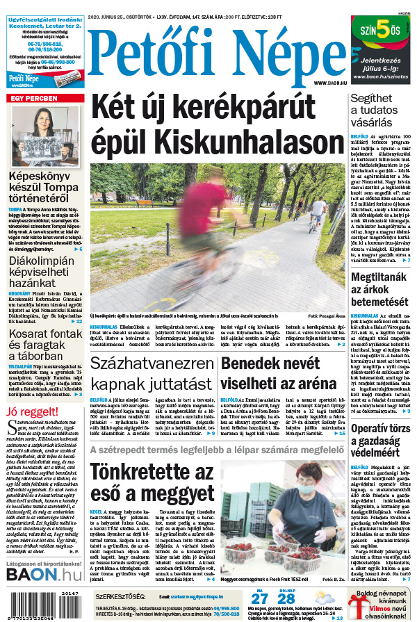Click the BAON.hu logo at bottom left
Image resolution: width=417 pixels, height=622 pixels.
click(x=44, y=573)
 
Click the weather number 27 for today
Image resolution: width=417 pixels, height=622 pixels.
click(x=259, y=600)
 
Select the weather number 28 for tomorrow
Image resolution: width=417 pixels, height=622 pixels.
click(x=286, y=600)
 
